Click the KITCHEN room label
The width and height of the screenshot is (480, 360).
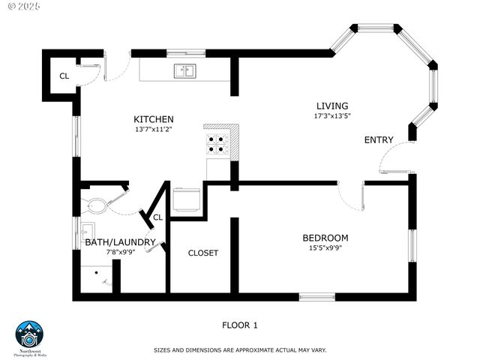(154, 119)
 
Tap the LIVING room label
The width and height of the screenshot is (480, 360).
(331, 106)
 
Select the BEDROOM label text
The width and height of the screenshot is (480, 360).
(325, 238)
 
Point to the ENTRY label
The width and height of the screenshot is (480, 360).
(379, 140)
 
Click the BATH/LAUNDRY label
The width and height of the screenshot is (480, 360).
(120, 242)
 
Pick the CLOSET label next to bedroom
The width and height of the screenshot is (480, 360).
(203, 253)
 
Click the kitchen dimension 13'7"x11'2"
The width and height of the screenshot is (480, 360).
(154, 129)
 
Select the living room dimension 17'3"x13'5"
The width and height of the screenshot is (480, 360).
(332, 115)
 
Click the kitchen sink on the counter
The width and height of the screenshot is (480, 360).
(184, 71)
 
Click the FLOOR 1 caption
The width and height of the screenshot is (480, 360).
(240, 325)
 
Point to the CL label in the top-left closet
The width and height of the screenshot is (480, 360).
(64, 76)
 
